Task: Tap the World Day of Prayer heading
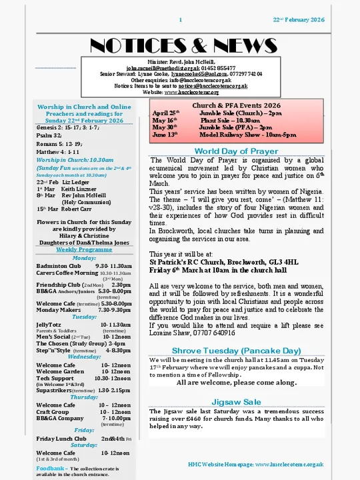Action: pos(236,151)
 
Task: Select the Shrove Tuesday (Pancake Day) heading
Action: pos(236,350)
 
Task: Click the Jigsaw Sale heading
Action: pos(236,402)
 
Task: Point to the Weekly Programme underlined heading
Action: pos(84,249)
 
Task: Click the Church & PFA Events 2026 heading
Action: pos(237,105)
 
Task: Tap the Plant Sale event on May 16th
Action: pos(206,121)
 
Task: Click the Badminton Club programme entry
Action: pos(57,265)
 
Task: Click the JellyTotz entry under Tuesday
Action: pos(48,325)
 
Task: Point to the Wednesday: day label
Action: pos(84,357)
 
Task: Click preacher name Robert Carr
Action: pos(77,209)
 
